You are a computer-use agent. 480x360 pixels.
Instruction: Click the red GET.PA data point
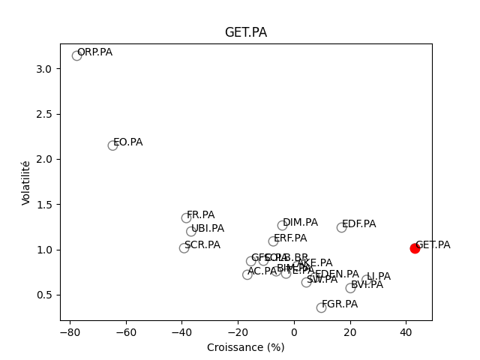pos(415,248)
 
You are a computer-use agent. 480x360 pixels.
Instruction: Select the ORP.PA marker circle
pos(76,55)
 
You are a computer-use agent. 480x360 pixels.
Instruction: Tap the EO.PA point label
pos(127,142)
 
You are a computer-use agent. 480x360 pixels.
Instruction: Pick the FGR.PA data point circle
pos(321,307)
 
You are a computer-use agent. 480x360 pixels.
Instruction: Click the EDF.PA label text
pos(358,224)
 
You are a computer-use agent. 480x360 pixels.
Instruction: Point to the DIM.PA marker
pos(282,225)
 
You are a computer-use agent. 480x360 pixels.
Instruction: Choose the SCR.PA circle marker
pos(184,248)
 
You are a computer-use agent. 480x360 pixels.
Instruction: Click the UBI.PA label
pos(207,229)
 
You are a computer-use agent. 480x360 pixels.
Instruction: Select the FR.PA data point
pos(186,218)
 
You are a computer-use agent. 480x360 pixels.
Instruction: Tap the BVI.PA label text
pos(367,285)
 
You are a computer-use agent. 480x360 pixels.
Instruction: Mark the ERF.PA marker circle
pos(273,241)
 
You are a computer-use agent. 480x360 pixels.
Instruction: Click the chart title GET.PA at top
pos(245,33)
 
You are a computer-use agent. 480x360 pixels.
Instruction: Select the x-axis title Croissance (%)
pos(245,347)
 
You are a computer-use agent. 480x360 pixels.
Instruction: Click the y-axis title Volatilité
pos(26,182)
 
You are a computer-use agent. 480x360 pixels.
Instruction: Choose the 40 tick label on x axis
pos(406,332)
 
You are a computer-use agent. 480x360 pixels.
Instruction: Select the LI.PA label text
pos(378,277)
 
